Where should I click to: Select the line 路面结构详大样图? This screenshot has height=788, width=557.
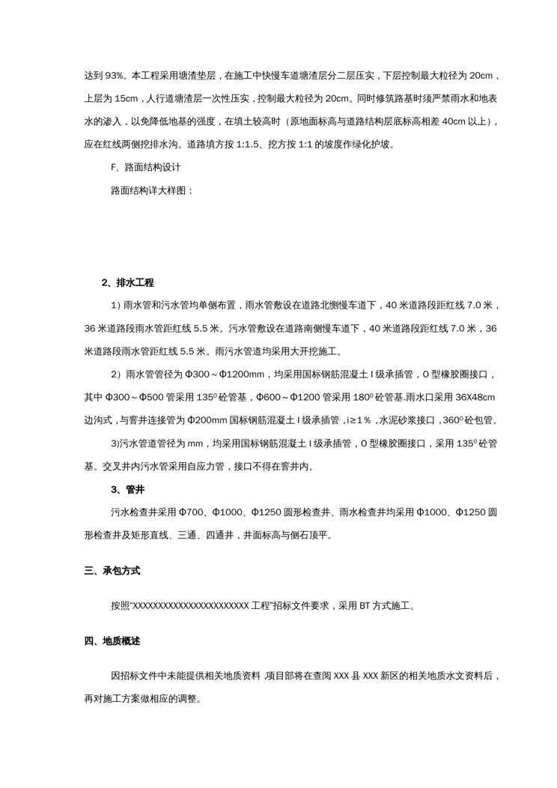(x=152, y=190)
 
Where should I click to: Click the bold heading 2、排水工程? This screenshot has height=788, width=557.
(x=127, y=282)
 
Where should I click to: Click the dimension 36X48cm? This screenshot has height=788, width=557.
(x=475, y=397)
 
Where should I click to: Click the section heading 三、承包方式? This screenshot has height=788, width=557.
(x=112, y=571)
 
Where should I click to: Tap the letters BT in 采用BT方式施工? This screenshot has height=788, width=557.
(x=365, y=606)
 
